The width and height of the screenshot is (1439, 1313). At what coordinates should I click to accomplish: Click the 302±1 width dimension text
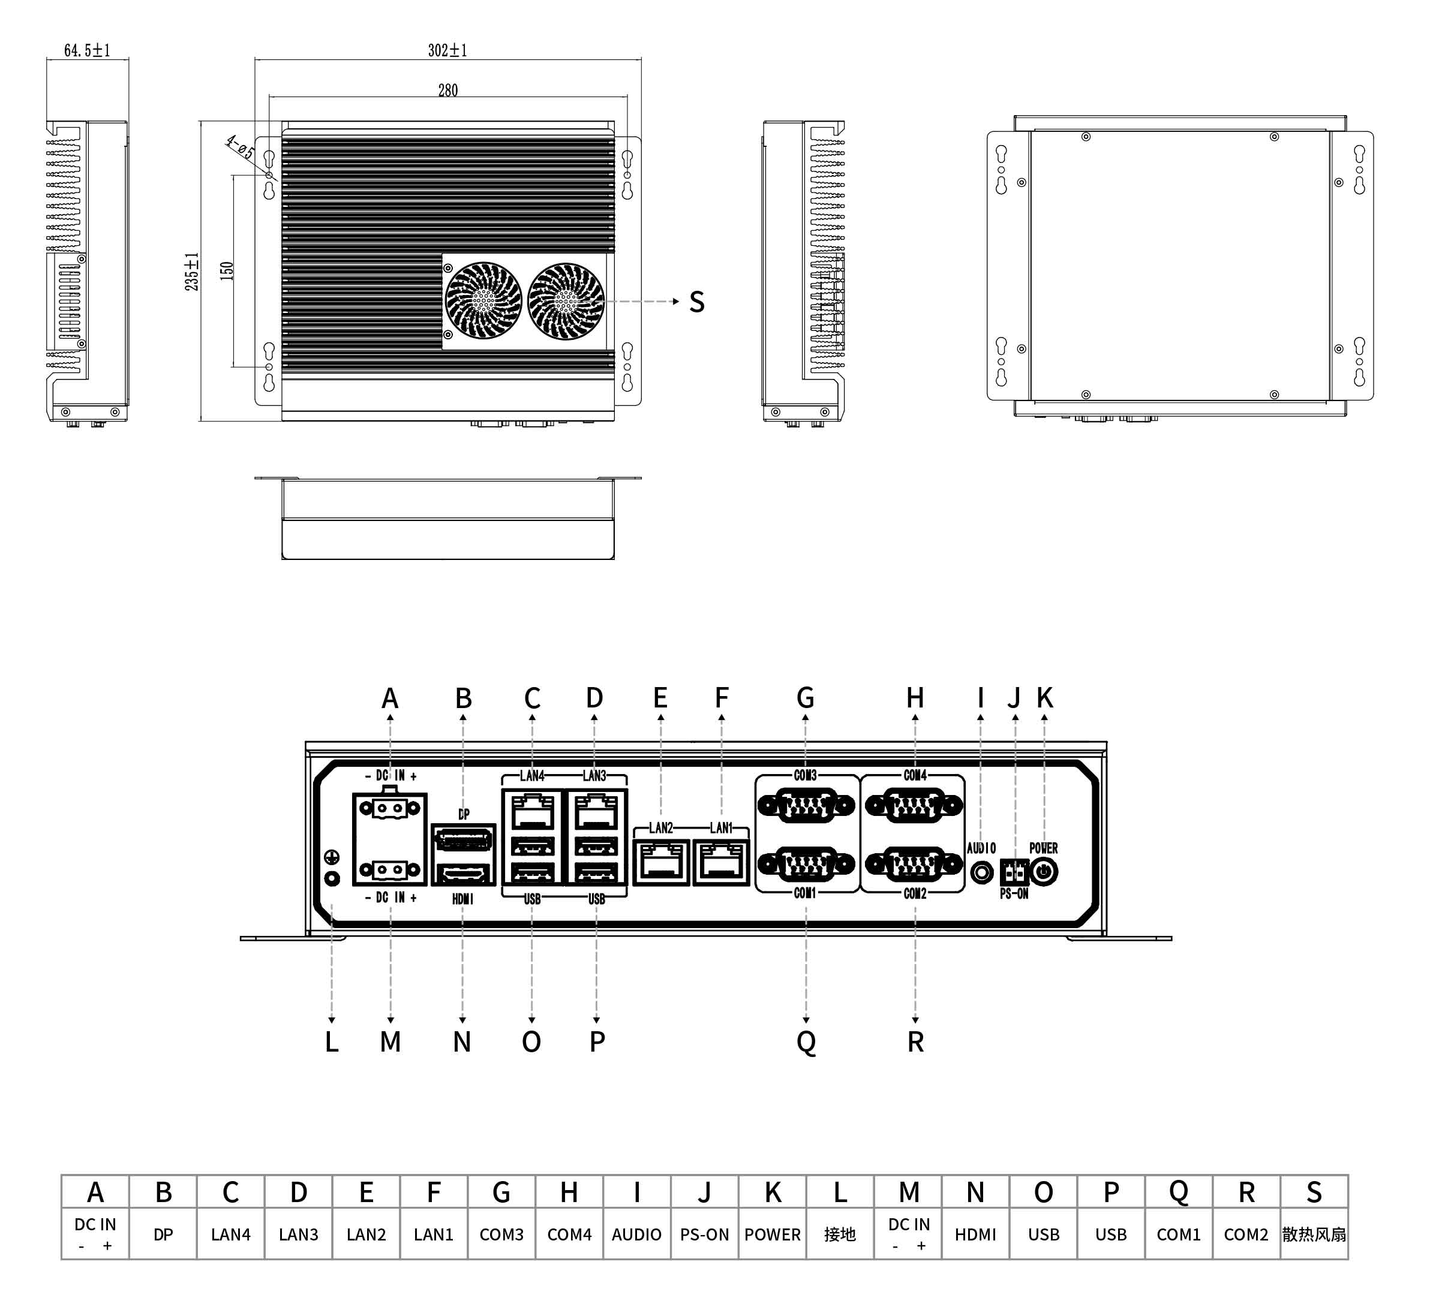click(x=447, y=50)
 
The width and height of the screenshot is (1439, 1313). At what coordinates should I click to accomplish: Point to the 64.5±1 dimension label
click(x=87, y=50)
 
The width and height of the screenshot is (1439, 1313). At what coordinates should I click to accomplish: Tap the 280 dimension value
click(x=447, y=91)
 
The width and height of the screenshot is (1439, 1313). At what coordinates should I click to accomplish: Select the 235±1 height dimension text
click(x=192, y=271)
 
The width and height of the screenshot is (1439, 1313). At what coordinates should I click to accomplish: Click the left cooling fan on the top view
click(x=483, y=300)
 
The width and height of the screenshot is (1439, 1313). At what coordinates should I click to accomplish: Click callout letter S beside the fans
click(x=696, y=302)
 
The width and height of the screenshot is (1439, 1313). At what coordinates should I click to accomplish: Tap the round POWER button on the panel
click(x=1044, y=872)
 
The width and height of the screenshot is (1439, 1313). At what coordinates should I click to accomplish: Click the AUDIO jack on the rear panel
click(x=982, y=872)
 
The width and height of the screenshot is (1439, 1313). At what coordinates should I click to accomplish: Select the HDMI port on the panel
click(x=463, y=874)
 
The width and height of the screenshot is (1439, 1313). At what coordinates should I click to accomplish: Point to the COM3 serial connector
click(x=806, y=806)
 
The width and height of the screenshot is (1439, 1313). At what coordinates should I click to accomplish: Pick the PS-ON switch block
click(x=1014, y=872)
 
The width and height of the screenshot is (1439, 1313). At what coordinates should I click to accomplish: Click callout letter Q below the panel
click(x=806, y=1043)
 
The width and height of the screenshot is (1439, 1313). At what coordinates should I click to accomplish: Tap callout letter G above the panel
click(x=805, y=697)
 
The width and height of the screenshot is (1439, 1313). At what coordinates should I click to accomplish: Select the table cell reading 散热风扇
click(x=1314, y=1235)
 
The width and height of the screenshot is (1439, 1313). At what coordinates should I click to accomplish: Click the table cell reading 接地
click(x=840, y=1235)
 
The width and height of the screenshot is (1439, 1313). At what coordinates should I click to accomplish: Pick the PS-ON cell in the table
click(x=705, y=1235)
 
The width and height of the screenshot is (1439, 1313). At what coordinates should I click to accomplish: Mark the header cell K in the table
click(x=773, y=1192)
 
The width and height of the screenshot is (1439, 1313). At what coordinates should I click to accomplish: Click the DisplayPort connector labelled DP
click(x=463, y=839)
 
